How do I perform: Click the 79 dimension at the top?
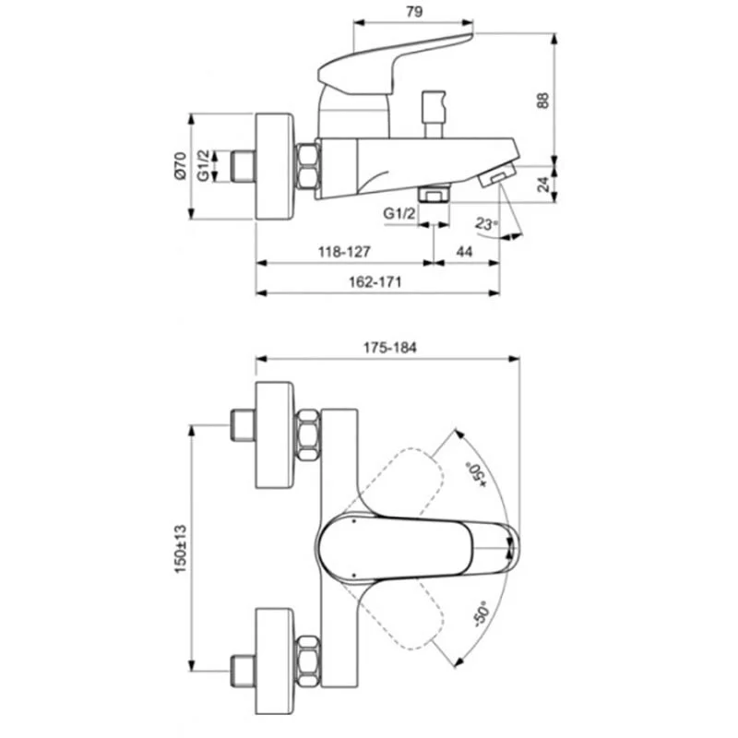(x=415, y=12)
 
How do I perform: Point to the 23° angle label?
(x=487, y=223)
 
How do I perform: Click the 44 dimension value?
(x=464, y=251)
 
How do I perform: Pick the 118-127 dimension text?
(x=344, y=251)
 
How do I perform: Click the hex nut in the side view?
(x=306, y=167)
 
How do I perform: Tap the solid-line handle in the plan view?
(x=415, y=548)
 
